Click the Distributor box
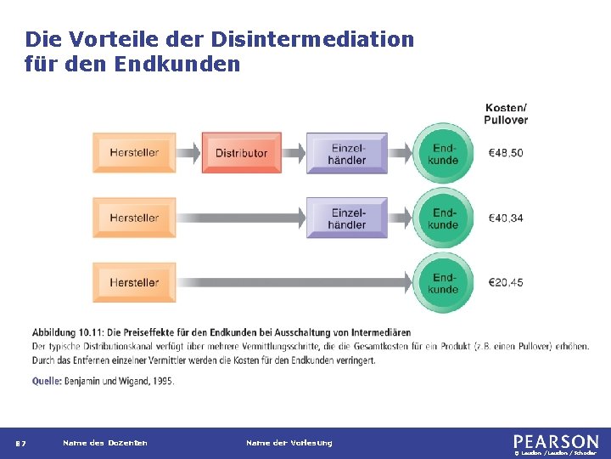point(241,153)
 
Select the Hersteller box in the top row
point(134,153)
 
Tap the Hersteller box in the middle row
point(134,218)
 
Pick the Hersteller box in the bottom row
point(134,282)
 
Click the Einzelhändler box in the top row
point(346,153)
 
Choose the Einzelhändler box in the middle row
point(346,218)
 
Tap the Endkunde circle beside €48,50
point(443,153)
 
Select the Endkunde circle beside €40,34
point(443,218)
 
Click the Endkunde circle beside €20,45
point(443,282)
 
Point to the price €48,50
point(506,153)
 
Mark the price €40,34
point(506,218)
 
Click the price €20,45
point(506,282)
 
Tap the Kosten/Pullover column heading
point(506,113)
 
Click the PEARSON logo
point(555,441)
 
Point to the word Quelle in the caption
point(47,382)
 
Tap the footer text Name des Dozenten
point(104,443)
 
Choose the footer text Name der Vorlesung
point(289,443)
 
